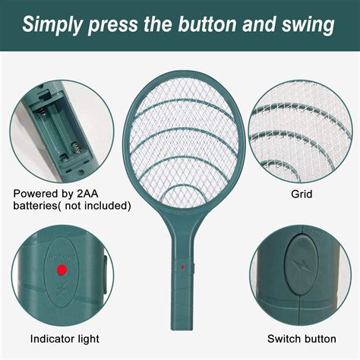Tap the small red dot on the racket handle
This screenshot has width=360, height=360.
pyautogui.click(x=182, y=267)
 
